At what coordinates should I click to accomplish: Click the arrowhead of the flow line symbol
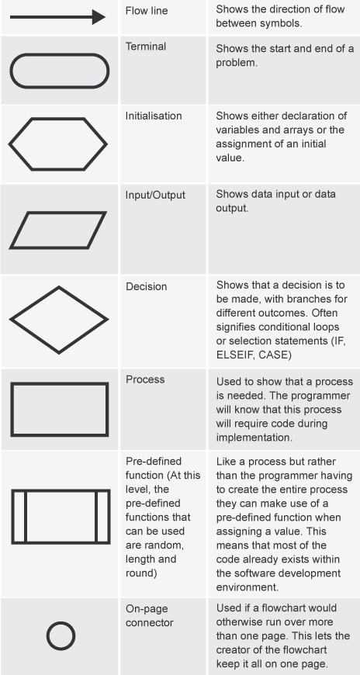pos(99,17)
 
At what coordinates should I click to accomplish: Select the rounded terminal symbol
pos(60,54)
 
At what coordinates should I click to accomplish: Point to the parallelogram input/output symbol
pos(57,213)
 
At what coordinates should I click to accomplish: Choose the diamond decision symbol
pos(34,303)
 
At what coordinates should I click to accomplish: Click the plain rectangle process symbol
pos(60,383)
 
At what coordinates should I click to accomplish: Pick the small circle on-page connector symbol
pos(61,622)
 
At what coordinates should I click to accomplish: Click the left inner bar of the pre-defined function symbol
pos(26,517)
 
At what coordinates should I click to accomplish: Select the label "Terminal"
pos(146,47)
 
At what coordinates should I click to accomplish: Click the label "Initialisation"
pos(154,116)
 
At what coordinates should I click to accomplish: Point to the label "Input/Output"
pos(155,195)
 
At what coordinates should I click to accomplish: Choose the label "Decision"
pos(147,287)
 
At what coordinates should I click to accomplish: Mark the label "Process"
pos(145,379)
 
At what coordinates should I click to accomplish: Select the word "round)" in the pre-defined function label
pos(140,573)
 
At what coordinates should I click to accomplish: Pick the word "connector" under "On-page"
pos(150,623)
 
